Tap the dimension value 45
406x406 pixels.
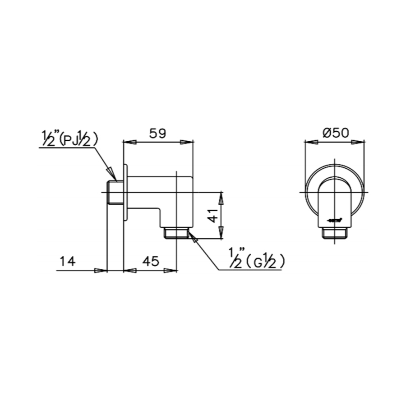152,262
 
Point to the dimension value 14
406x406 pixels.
67,261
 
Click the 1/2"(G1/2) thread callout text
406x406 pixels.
257,261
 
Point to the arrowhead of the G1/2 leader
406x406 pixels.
193,236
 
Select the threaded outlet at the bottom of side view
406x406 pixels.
176,233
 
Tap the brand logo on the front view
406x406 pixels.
334,221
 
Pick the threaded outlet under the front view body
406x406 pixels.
334,233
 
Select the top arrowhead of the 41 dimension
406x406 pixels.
221,198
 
